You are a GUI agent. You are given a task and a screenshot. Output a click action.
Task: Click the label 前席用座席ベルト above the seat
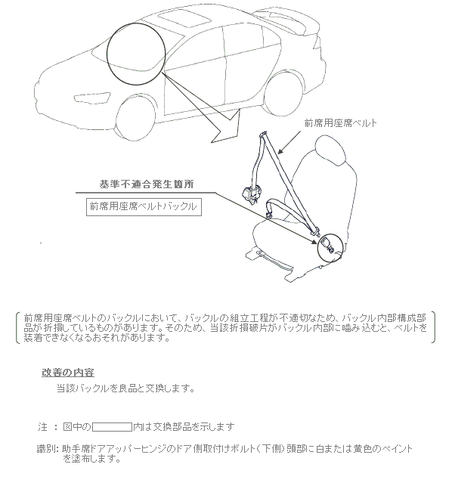coord(340,123)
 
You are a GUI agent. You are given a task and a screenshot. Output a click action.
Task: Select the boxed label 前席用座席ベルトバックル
coord(144,207)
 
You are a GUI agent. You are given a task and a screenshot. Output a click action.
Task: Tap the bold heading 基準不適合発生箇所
coord(147,184)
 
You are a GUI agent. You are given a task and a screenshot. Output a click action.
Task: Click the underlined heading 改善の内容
coord(68,373)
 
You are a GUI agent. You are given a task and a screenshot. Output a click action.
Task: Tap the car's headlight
coord(91,97)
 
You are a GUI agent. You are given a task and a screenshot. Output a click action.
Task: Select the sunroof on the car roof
coord(184,19)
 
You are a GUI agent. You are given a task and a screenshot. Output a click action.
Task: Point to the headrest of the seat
coord(330,151)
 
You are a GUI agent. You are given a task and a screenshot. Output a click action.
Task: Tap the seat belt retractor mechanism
coord(250,194)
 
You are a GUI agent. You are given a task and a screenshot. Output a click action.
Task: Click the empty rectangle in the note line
coord(112,427)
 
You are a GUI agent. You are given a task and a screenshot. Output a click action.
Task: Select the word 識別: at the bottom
coord(48,450)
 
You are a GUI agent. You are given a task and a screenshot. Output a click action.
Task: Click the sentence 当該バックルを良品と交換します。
coord(125,388)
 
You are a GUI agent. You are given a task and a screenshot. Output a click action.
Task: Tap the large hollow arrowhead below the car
coord(225,128)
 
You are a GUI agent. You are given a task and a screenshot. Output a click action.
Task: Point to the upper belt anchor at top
coord(264,135)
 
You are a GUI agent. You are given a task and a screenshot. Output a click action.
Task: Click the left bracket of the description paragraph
coord(17,327)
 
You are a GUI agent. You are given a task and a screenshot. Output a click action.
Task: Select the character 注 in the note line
coord(43,426)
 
